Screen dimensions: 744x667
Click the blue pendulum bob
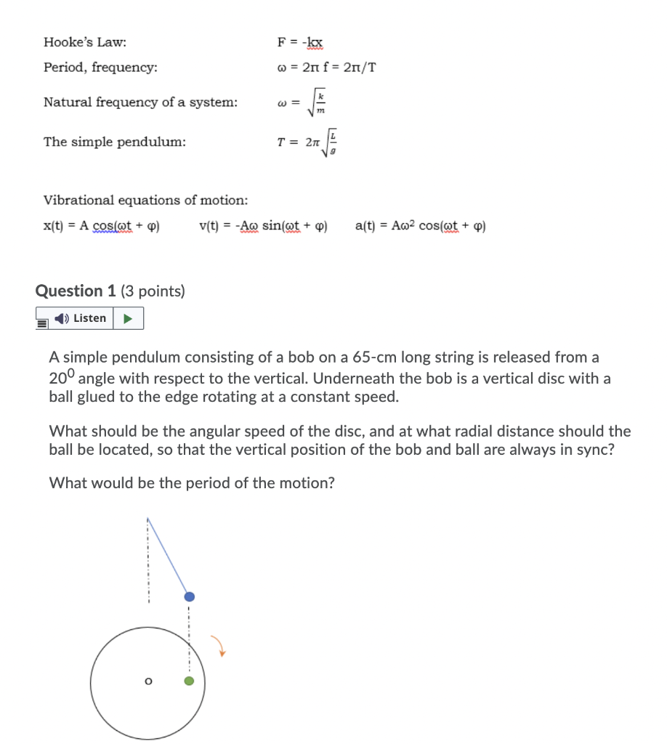tap(189, 596)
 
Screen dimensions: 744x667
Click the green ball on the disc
tap(189, 681)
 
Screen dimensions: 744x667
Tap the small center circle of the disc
tap(148, 682)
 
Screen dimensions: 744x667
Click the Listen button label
tap(89, 318)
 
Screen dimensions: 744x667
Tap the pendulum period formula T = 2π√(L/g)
tap(308, 142)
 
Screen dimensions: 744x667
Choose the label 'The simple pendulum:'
tap(114, 142)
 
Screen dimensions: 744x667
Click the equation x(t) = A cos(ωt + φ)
tap(102, 225)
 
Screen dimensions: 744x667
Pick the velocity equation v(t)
tap(263, 225)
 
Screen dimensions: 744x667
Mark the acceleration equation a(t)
tap(421, 225)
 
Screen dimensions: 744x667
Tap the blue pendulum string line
tap(169, 557)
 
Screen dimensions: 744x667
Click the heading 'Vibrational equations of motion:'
tap(145, 200)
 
